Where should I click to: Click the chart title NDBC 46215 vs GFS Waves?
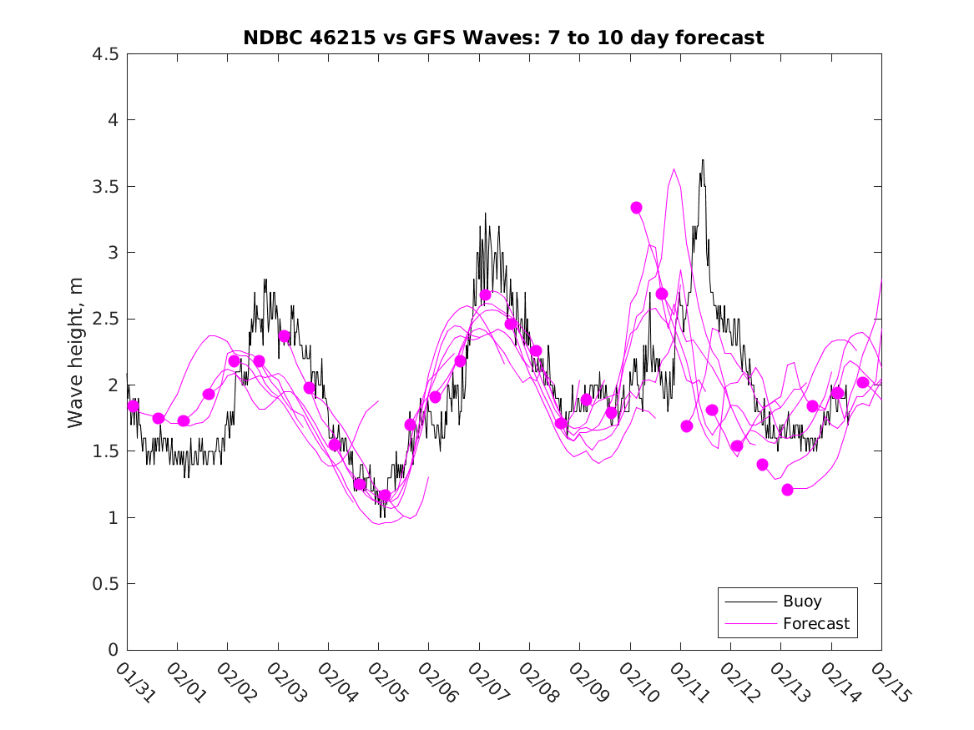point(503,38)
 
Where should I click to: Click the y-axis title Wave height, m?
point(76,351)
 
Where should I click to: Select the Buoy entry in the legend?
point(801,602)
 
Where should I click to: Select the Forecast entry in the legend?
point(815,623)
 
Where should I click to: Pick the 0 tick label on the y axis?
point(112,650)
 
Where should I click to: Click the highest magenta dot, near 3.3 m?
point(637,208)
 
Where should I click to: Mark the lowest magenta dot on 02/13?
point(787,490)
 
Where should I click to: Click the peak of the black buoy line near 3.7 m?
point(703,160)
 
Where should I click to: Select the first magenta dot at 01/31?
point(134,405)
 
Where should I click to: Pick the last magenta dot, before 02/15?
point(863,382)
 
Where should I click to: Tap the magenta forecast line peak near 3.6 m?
point(674,169)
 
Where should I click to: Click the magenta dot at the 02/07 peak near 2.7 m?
point(486,295)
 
